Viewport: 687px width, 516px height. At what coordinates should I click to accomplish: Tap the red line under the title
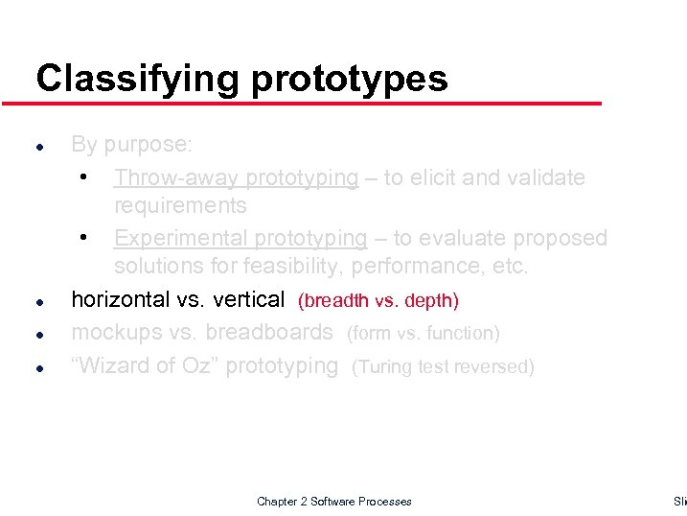point(316,103)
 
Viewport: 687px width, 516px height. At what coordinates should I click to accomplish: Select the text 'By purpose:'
point(131,145)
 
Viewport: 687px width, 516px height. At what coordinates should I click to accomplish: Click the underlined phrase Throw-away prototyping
point(236,177)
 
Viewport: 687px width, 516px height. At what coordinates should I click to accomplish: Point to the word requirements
point(180,205)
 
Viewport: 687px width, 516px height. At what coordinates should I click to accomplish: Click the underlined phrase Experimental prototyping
point(240,238)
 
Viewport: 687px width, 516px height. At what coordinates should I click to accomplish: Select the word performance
point(432,266)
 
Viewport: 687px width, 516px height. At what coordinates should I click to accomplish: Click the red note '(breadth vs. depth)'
point(378,301)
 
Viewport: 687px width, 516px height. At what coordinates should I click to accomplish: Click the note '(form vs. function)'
point(423,334)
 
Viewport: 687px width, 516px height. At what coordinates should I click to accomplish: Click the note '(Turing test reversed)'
point(443,366)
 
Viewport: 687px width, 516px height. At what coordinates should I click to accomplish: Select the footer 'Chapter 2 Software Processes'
point(334,502)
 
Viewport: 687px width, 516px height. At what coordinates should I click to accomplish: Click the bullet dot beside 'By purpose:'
point(37,148)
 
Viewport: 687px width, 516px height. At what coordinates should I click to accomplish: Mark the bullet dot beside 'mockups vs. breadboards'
point(37,335)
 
